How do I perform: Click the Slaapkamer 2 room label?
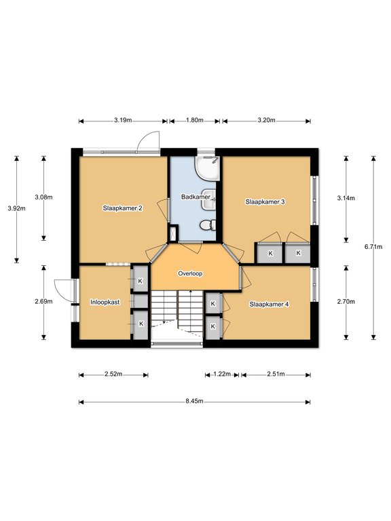coord(123,208)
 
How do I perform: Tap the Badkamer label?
coord(195,197)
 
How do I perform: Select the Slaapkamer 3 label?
coord(265,201)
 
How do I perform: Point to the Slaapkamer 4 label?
coord(269,305)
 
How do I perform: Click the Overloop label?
coord(190,273)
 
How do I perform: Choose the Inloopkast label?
coord(105,303)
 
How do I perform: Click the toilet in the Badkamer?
coord(208,225)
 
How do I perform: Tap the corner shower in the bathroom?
coord(208,168)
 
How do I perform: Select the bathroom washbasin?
coord(209,199)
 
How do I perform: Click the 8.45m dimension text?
coord(195,401)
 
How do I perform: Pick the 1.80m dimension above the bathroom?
coord(195,120)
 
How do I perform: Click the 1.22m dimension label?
coord(222,374)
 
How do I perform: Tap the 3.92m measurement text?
coord(16,209)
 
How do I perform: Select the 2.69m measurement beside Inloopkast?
coord(43,302)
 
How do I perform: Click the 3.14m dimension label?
coord(346,198)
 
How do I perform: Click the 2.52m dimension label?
coord(113,374)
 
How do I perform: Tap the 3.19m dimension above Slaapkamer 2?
coord(123,120)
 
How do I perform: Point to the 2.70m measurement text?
coord(346,302)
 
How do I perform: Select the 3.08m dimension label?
coord(43,197)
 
